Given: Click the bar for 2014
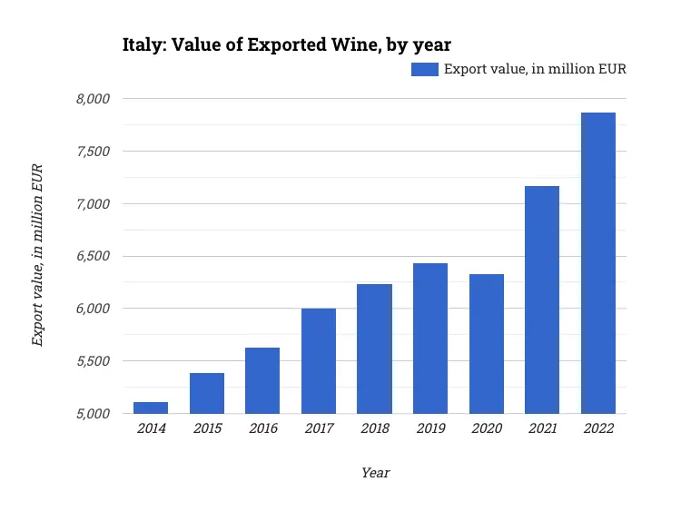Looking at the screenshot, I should [x=151, y=408].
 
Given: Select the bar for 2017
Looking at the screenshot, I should [x=319, y=361].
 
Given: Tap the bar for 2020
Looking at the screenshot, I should [x=487, y=344].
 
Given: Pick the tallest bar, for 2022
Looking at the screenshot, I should [x=598, y=263].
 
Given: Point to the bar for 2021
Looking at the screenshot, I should [x=542, y=300].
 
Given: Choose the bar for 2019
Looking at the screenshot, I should [x=430, y=339].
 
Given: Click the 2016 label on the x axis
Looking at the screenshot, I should [x=262, y=428].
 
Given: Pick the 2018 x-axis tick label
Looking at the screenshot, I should [x=374, y=428].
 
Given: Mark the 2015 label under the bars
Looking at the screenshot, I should [x=207, y=428].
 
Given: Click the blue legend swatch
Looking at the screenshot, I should [x=425, y=69].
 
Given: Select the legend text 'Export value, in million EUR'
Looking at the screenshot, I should [x=535, y=69].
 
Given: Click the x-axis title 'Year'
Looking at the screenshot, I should [x=375, y=473].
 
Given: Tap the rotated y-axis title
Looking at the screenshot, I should [x=38, y=256].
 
